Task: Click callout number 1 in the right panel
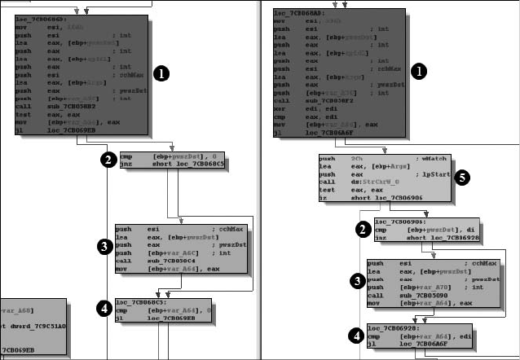click(x=418, y=72)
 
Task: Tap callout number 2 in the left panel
click(x=107, y=159)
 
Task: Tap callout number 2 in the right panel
click(x=363, y=230)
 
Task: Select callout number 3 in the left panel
click(x=104, y=245)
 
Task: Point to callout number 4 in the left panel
click(x=104, y=307)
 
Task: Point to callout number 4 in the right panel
click(x=355, y=335)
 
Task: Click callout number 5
click(x=462, y=176)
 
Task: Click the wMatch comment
click(x=429, y=158)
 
